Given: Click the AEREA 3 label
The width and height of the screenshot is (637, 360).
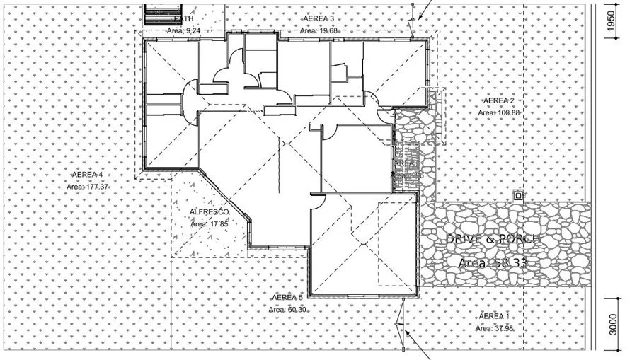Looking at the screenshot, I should click(x=318, y=18).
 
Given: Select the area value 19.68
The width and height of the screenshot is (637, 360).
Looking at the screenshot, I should click(x=323, y=30).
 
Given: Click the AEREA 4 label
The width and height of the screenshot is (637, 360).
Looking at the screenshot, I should click(x=88, y=175).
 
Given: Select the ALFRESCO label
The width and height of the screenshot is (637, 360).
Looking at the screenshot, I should click(x=209, y=212).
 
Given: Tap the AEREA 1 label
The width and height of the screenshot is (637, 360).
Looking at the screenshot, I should click(x=493, y=315).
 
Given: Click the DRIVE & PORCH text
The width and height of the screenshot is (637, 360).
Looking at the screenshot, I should click(x=493, y=239).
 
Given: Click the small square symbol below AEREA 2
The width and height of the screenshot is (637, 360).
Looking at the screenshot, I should click(x=519, y=194).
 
